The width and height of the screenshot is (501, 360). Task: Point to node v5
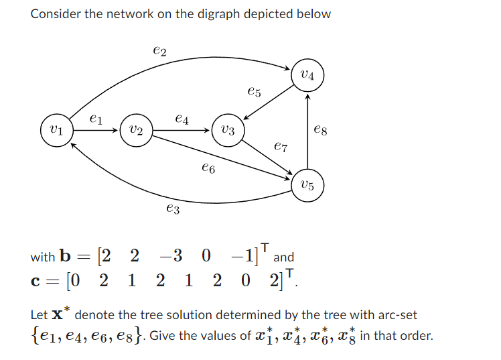click(x=307, y=185)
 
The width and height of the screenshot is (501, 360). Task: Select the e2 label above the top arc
click(x=160, y=50)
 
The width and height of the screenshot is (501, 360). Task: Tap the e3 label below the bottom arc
click(x=172, y=210)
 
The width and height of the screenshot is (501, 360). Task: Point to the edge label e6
click(x=208, y=170)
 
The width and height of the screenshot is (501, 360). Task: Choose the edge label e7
click(x=281, y=145)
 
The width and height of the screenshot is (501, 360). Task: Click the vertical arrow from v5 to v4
click(x=307, y=134)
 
